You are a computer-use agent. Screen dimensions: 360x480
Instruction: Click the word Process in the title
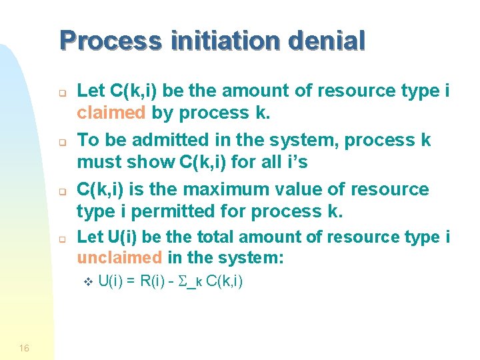coord(110,41)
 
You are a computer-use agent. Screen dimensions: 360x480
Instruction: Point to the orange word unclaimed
coord(119,257)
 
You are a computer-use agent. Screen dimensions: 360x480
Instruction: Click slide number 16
coord(24,348)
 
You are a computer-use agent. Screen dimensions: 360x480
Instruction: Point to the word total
coord(215,237)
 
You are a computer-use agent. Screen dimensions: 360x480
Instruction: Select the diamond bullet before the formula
coord(87,283)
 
